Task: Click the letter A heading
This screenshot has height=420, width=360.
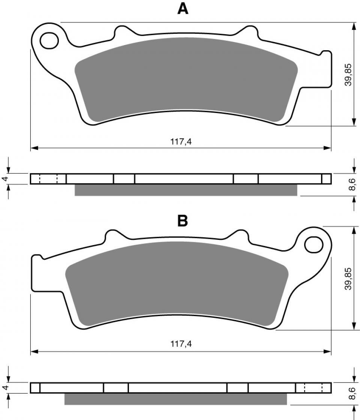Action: pos(183,9)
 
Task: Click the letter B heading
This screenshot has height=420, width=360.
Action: pos(183,221)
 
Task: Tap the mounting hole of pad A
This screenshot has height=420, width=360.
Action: pos(49,41)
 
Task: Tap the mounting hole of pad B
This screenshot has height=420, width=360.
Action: pos(314,244)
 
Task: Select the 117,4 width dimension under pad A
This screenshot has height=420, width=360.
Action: pos(181,142)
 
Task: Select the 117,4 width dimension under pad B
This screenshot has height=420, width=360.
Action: pos(181,343)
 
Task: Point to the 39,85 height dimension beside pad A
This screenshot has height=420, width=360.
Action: pos(348,75)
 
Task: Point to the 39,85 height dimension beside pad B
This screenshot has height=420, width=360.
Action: pos(348,278)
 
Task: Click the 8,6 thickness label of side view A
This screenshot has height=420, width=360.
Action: pos(353,184)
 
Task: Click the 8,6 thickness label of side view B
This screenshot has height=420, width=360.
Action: pos(353,393)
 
